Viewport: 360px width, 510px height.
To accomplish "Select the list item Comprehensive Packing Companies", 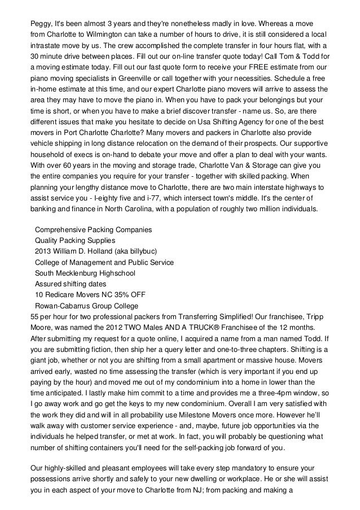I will click(x=93, y=230).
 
